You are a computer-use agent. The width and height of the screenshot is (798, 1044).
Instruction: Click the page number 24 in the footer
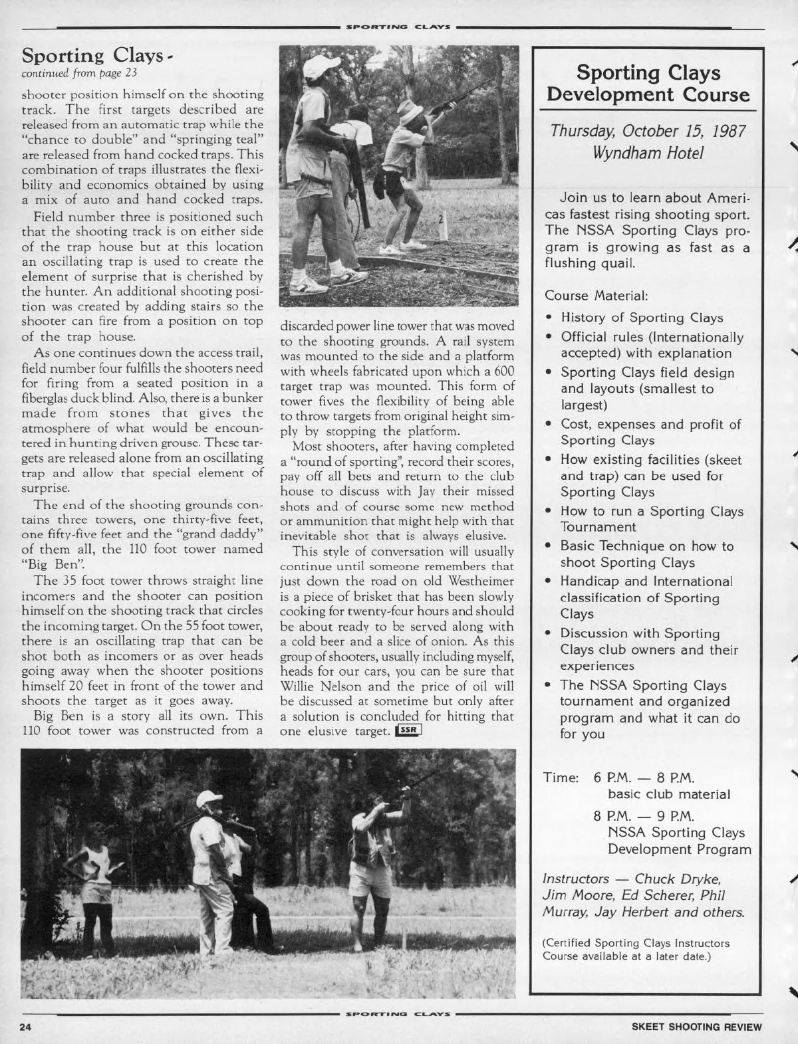tap(26, 1027)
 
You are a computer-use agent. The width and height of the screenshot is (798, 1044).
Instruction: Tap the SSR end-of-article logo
tap(408, 732)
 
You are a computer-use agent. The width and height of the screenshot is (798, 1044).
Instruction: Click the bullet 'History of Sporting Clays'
tap(642, 318)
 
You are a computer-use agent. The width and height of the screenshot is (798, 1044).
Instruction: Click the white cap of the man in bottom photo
tap(209, 797)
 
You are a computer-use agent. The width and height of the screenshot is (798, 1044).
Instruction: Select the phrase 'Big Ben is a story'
tap(100, 716)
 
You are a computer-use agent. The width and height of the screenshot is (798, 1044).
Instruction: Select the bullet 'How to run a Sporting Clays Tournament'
tap(652, 519)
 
